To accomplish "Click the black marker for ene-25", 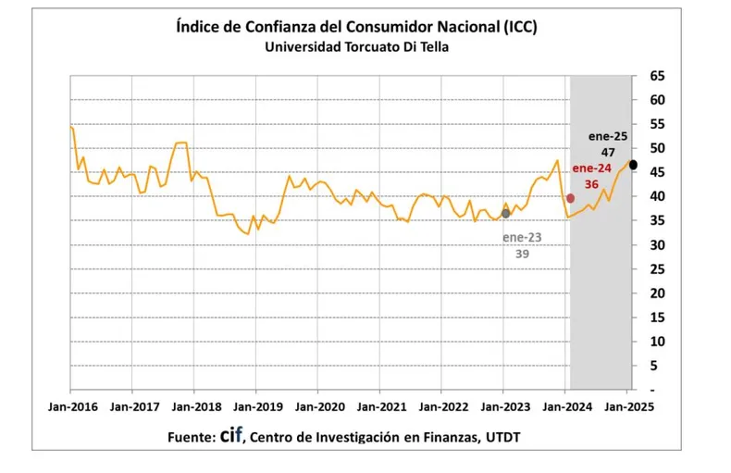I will click(633, 165).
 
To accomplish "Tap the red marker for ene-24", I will click(570, 198).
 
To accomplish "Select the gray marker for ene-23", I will click(505, 214).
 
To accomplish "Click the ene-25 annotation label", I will click(608, 136).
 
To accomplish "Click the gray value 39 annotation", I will click(522, 254).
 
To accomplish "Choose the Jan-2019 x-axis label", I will click(256, 405).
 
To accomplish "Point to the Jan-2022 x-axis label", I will click(441, 405).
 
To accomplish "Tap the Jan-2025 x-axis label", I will click(626, 405).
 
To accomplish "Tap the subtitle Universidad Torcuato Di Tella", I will click(356, 47).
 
